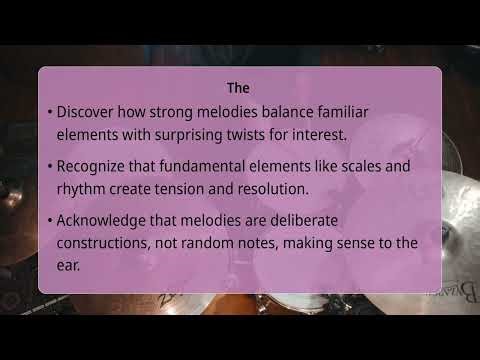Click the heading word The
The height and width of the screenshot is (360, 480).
[239, 88]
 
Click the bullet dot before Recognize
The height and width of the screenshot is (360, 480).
[49, 167]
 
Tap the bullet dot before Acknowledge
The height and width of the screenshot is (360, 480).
[49, 221]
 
